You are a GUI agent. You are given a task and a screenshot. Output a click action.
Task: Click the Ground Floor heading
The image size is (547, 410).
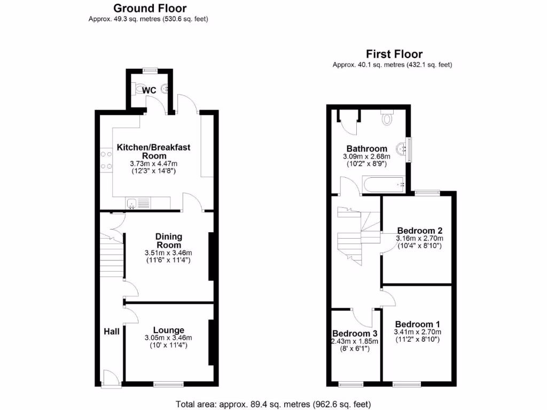click(150, 9)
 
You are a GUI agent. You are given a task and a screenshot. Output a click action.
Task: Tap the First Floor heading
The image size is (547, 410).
click(394, 54)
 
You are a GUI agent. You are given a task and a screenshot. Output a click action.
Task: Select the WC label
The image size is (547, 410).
click(149, 91)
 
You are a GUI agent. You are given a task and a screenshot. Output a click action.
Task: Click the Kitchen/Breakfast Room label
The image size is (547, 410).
click(154, 151)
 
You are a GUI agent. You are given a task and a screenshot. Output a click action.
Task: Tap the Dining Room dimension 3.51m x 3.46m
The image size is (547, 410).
click(168, 253)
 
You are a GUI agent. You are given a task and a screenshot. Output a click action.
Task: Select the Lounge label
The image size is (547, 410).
click(168, 330)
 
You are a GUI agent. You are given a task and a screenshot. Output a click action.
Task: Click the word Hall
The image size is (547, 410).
click(111, 332)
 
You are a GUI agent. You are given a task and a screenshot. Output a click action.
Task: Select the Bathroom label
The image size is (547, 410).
click(366, 148)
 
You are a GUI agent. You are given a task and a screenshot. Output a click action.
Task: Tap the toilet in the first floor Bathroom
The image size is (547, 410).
click(387, 118)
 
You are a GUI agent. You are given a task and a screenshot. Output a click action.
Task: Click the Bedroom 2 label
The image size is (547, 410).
click(419, 230)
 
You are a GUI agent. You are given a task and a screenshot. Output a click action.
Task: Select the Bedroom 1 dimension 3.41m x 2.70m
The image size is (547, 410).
click(417, 332)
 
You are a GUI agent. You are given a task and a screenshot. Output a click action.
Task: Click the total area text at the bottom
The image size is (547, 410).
click(273, 404)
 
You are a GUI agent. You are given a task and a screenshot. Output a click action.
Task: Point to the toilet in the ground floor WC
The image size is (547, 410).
click(140, 89)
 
